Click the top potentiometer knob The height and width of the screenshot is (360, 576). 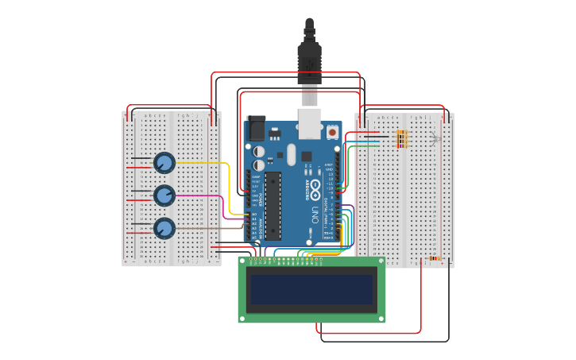pyautogui.click(x=164, y=163)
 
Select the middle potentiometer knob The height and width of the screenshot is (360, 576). pyautogui.click(x=164, y=195)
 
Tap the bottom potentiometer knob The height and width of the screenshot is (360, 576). pyautogui.click(x=164, y=228)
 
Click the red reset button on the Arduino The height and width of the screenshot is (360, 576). pyautogui.click(x=332, y=133)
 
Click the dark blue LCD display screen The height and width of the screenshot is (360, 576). pyautogui.click(x=312, y=290)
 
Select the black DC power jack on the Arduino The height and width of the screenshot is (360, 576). pyautogui.click(x=256, y=129)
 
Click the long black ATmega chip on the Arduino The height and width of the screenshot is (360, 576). pyautogui.click(x=273, y=205)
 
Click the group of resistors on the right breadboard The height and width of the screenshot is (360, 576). pyautogui.click(x=402, y=139)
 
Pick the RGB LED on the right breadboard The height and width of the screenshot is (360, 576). pyautogui.click(x=434, y=139)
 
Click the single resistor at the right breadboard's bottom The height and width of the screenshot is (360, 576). pyautogui.click(x=434, y=257)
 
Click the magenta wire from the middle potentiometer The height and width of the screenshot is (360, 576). pyautogui.click(x=199, y=195)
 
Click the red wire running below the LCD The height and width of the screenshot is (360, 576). pyautogui.click(x=369, y=333)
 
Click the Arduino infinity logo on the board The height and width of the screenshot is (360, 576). pyautogui.click(x=315, y=191)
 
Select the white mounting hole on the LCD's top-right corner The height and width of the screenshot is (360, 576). pyautogui.click(x=380, y=261)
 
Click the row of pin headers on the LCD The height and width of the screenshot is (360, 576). pyautogui.click(x=286, y=259)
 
